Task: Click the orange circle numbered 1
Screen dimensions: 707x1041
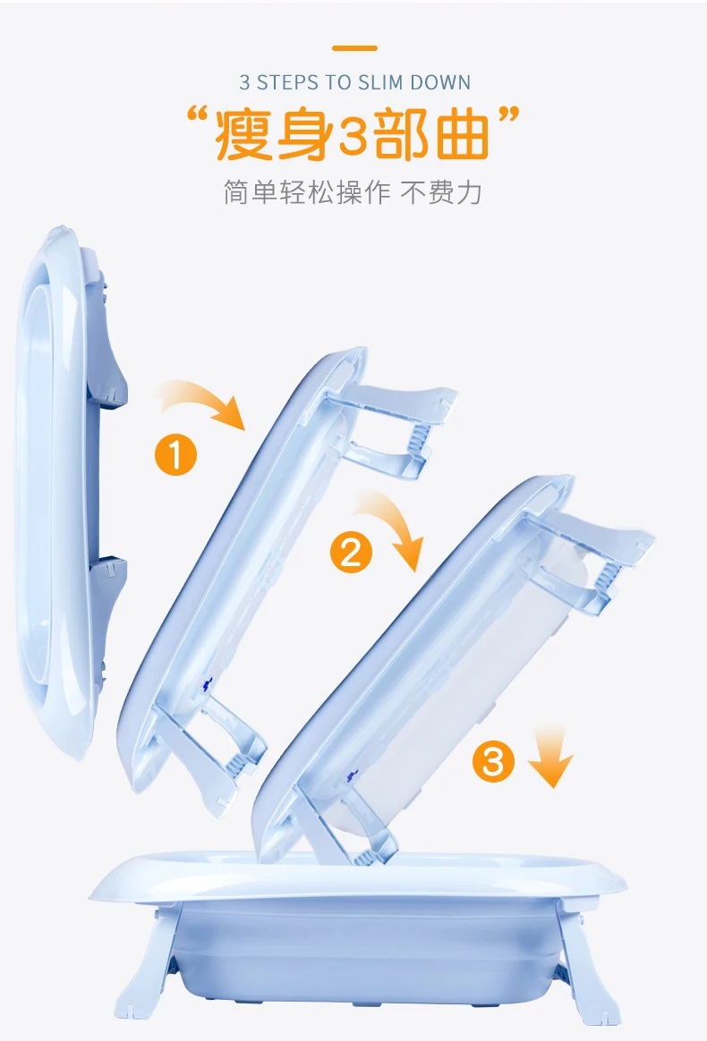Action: (x=176, y=456)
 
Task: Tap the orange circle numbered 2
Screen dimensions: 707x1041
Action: (x=351, y=552)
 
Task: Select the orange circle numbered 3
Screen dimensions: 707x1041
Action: (x=494, y=762)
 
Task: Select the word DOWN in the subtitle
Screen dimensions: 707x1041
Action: (x=440, y=83)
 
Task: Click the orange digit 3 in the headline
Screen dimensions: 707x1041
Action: (x=355, y=136)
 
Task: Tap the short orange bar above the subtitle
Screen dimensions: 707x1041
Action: (x=354, y=47)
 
